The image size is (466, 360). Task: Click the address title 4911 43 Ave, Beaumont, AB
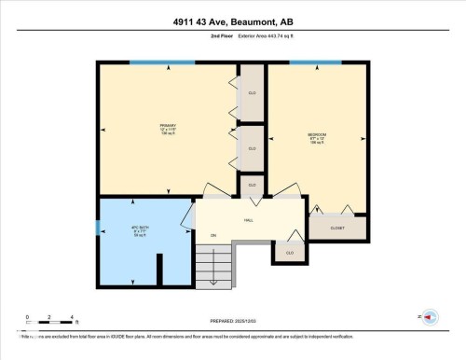[233, 21]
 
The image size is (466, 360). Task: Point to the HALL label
[249, 220]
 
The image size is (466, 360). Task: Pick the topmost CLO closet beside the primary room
[252, 93]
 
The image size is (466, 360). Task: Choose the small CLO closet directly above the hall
[252, 186]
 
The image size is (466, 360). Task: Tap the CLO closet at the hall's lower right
[289, 252]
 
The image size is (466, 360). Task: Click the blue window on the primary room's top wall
[156, 62]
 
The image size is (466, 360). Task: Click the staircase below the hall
[214, 265]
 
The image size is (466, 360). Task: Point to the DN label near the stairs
[213, 235]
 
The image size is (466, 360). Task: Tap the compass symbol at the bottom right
[430, 318]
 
